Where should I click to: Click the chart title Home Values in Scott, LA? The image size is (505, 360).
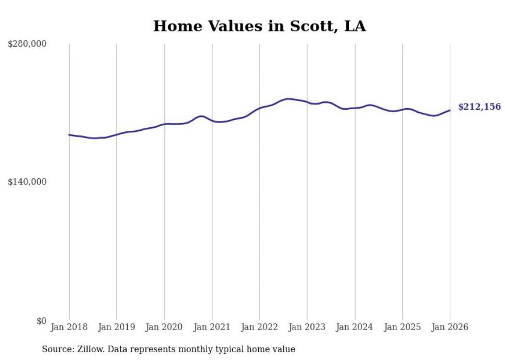tap(259, 26)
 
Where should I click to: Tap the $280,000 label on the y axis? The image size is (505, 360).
tap(27, 44)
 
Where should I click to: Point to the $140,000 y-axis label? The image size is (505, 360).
tap(27, 182)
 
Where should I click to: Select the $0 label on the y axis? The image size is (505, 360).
tap(41, 321)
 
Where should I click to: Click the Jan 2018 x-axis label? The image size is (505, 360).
tap(69, 327)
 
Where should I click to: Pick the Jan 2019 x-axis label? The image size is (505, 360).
tap(116, 327)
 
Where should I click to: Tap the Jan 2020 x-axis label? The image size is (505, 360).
tap(164, 327)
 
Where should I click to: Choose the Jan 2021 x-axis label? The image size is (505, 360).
tap(212, 327)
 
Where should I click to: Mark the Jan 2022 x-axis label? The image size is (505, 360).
tap(260, 327)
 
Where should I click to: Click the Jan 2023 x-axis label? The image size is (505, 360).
tap(307, 327)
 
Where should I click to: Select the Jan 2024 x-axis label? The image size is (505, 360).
tap(355, 327)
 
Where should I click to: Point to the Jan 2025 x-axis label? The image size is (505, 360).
tap(402, 327)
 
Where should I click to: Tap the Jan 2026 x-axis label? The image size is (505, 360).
tap(450, 327)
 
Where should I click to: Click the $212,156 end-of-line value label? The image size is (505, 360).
tap(479, 107)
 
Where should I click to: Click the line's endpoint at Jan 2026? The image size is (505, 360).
tap(450, 110)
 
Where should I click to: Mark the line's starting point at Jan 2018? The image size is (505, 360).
tap(69, 135)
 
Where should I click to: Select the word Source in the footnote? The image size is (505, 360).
tap(56, 349)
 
